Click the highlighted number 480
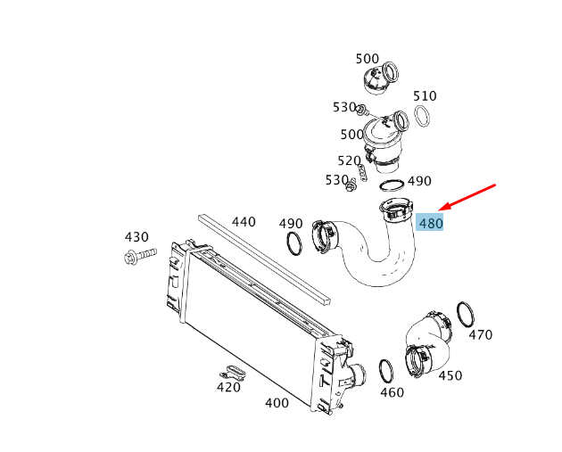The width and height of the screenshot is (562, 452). click(430, 224)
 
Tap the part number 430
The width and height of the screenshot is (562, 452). click(136, 237)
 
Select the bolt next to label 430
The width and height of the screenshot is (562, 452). click(138, 258)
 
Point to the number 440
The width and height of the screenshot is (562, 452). click(244, 221)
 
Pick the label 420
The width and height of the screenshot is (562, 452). click(228, 387)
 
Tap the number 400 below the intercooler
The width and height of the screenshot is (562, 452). click(277, 403)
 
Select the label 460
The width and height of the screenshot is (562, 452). click(392, 391)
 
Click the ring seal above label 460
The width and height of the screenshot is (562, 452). click(387, 369)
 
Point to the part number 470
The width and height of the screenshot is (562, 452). click(480, 335)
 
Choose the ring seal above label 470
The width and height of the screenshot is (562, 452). click(465, 314)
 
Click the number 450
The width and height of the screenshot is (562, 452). click(450, 375)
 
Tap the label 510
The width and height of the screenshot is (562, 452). click(425, 96)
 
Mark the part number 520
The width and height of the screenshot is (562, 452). click(349, 160)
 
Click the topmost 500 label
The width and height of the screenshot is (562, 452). click(367, 59)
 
